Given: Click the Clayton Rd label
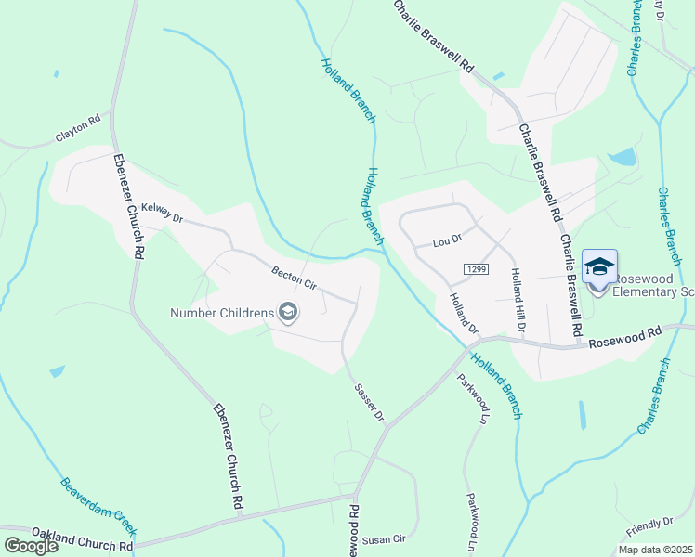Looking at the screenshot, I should point(78,128).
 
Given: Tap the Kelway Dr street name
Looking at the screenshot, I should point(162,213).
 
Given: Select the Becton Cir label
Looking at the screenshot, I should point(294,278).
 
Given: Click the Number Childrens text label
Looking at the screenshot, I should point(221,312).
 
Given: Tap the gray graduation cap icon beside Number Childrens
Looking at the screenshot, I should point(288,312).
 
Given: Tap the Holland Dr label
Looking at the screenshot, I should point(463,313).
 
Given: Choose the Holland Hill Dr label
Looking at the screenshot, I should point(517,299).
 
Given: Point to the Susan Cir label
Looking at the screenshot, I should point(384,538).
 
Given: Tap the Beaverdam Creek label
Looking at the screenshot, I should point(99,507).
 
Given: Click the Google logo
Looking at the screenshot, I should point(31,546).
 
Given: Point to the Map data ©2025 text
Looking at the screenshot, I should point(654,550).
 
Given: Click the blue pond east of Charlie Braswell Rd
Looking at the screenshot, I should point(622,157).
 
